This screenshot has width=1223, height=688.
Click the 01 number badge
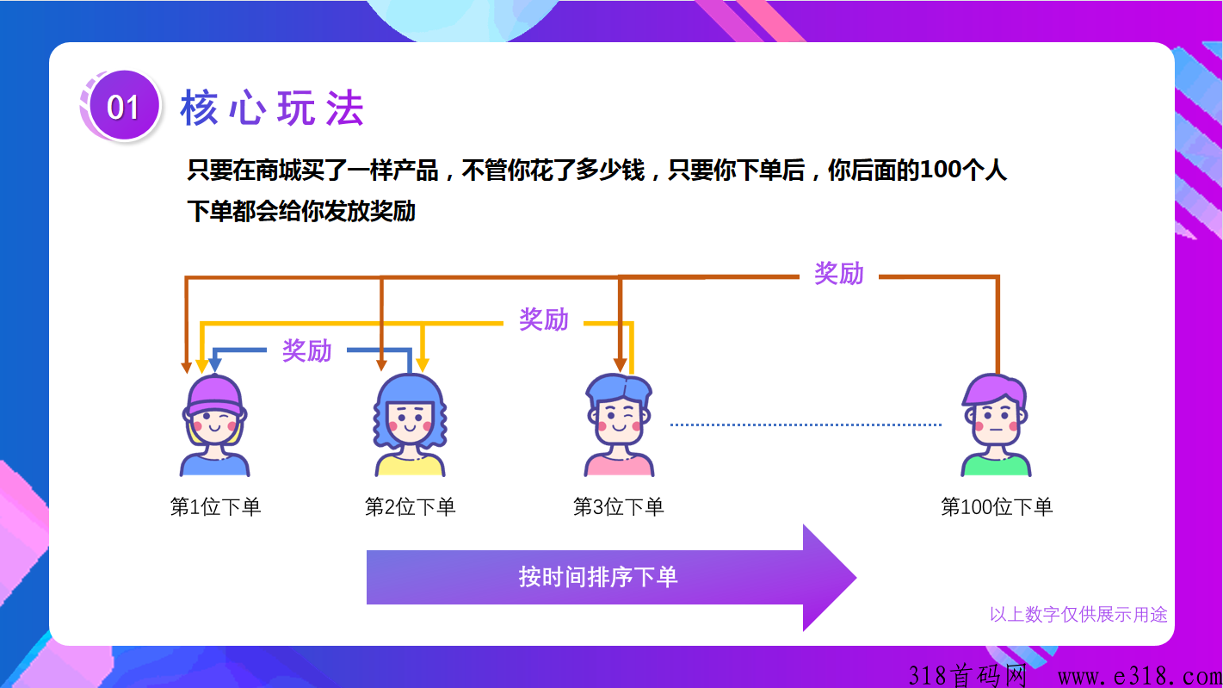[x=123, y=107]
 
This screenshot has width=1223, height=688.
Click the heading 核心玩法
[x=272, y=108]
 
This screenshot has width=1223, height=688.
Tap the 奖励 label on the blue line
[x=306, y=350]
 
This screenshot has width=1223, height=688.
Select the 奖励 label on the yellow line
[x=543, y=319]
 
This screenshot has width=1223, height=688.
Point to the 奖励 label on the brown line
[x=838, y=274]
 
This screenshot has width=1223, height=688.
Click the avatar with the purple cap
[x=214, y=426]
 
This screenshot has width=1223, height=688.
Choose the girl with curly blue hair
[x=410, y=425]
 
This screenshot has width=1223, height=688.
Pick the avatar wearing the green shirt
[x=995, y=425]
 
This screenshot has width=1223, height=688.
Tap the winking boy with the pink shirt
[x=619, y=425]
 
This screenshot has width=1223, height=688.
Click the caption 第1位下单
[x=215, y=506]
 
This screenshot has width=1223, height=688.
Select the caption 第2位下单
[x=410, y=506]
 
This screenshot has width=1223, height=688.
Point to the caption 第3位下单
[x=618, y=506]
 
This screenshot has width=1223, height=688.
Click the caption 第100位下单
[x=996, y=506]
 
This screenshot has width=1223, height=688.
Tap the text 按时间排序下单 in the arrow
[x=597, y=576]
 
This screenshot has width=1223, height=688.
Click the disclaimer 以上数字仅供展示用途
[x=1078, y=614]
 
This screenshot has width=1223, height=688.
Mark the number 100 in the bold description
[x=942, y=170]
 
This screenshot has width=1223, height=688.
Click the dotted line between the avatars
[x=806, y=425]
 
